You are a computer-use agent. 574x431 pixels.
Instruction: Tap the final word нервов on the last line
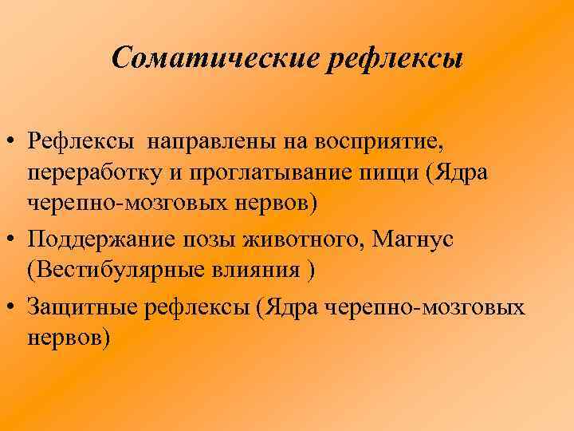pyautogui.click(x=67, y=338)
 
